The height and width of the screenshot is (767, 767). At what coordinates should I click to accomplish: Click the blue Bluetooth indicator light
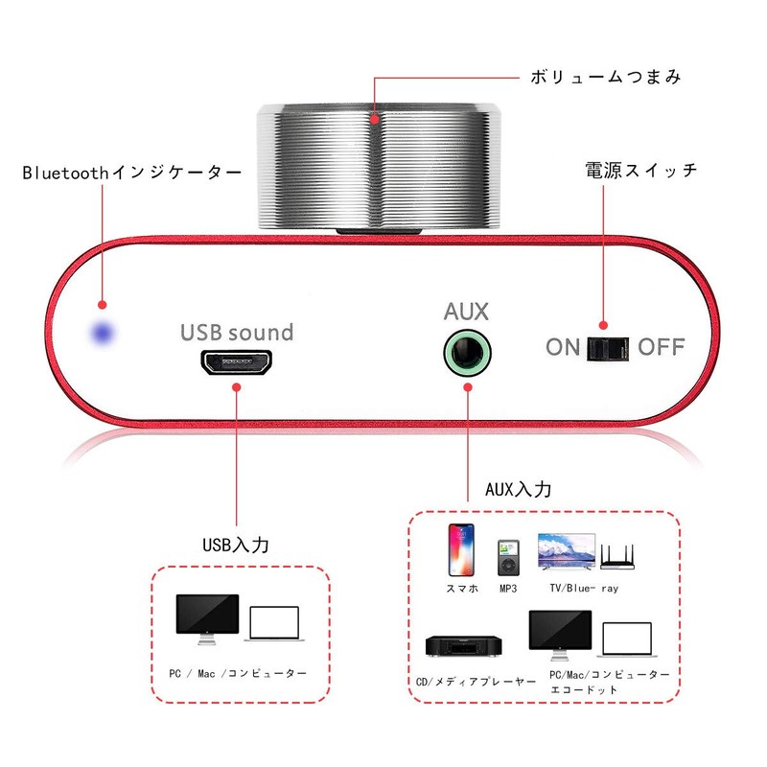point(101,334)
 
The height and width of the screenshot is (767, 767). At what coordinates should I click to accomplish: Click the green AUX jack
point(467,352)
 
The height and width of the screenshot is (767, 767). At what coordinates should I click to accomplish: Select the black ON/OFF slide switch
point(607,347)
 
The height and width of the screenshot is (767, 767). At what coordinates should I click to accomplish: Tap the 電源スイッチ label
point(640,171)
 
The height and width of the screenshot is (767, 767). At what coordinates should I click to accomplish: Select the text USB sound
point(237,333)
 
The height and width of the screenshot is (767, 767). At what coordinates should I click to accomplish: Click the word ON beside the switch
point(563,347)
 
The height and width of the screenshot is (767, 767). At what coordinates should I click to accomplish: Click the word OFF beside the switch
point(662,347)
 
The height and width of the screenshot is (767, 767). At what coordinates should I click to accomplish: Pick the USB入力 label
point(235,545)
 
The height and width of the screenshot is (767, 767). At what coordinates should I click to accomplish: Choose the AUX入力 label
point(518,489)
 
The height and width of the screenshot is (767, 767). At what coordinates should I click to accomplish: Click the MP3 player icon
point(508,557)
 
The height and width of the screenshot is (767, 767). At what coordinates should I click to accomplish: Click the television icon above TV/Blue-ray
point(566,552)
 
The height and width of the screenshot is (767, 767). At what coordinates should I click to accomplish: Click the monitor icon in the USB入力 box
point(206,618)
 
